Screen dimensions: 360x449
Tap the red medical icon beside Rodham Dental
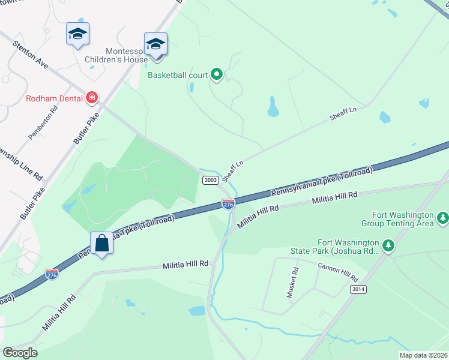(92, 97)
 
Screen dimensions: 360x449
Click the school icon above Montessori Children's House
(155, 44)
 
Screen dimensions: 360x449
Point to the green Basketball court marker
(217, 75)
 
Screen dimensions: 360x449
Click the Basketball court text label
(178, 76)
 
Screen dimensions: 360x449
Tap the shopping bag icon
(101, 244)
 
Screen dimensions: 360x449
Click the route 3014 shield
(358, 289)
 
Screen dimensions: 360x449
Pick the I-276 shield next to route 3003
(228, 205)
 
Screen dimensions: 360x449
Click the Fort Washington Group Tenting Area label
(397, 219)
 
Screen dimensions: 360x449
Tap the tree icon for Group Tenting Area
(443, 217)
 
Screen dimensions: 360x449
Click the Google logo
(20, 353)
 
